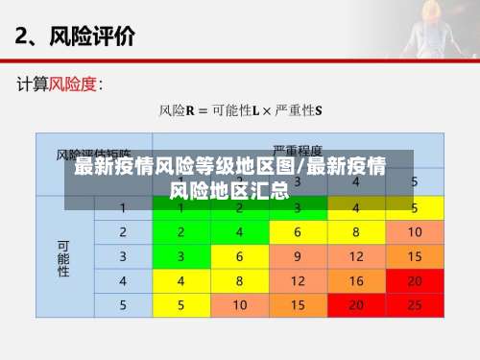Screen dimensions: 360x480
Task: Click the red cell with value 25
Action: click(414, 305)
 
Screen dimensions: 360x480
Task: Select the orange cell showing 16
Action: click(356, 281)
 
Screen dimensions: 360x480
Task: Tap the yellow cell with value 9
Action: click(298, 256)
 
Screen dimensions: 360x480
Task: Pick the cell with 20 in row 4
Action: click(414, 281)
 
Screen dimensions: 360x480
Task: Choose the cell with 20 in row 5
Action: click(356, 305)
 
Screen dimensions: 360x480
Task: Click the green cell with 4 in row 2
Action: click(239, 232)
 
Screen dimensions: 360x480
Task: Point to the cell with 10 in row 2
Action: click(414, 232)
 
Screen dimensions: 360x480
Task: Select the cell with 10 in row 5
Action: click(239, 305)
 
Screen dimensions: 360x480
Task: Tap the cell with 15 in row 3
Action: click(414, 256)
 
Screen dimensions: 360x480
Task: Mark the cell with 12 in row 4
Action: click(298, 281)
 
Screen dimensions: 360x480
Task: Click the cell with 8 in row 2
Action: click(356, 232)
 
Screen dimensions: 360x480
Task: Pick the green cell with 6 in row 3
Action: click(239, 256)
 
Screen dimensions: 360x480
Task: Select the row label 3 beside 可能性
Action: click(123, 256)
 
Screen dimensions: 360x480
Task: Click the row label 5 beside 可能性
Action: click(123, 305)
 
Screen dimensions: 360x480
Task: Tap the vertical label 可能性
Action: click(64, 257)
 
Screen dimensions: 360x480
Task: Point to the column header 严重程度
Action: click(298, 152)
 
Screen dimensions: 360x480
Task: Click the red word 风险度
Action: click(73, 84)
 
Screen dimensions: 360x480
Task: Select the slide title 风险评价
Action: click(95, 37)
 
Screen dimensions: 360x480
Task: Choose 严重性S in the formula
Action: click(300, 111)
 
